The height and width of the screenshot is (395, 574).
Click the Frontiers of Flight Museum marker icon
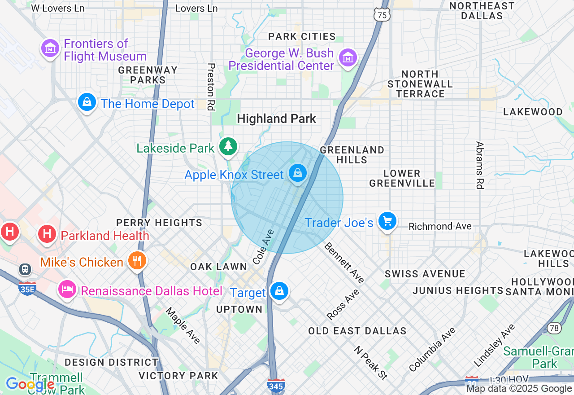pyautogui.click(x=50, y=48)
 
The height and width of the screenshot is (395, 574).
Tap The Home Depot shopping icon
pyautogui.click(x=87, y=102)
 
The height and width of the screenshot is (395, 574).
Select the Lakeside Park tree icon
pyautogui.click(x=229, y=146)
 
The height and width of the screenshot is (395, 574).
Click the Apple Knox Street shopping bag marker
pyautogui.click(x=297, y=173)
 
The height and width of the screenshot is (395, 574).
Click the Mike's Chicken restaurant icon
pyautogui.click(x=137, y=260)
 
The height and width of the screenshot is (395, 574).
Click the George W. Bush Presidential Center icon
pyautogui.click(x=348, y=58)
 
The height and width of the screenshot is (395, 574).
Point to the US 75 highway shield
pyautogui.click(x=382, y=15)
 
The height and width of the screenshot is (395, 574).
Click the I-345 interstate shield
pyautogui.click(x=276, y=385)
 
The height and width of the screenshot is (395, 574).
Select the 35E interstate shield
pyautogui.click(x=27, y=289)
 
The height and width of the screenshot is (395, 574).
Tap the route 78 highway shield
pyautogui.click(x=554, y=328)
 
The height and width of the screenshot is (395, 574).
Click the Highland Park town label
pyautogui.click(x=276, y=119)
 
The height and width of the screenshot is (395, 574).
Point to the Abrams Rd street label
pyautogui.click(x=480, y=165)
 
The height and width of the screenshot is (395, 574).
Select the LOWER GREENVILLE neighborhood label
pyautogui.click(x=402, y=178)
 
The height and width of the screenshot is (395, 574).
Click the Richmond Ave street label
pyautogui.click(x=440, y=226)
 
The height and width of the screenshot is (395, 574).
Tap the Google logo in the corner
pyautogui.click(x=30, y=384)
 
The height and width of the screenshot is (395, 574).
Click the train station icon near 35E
pyautogui.click(x=25, y=269)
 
